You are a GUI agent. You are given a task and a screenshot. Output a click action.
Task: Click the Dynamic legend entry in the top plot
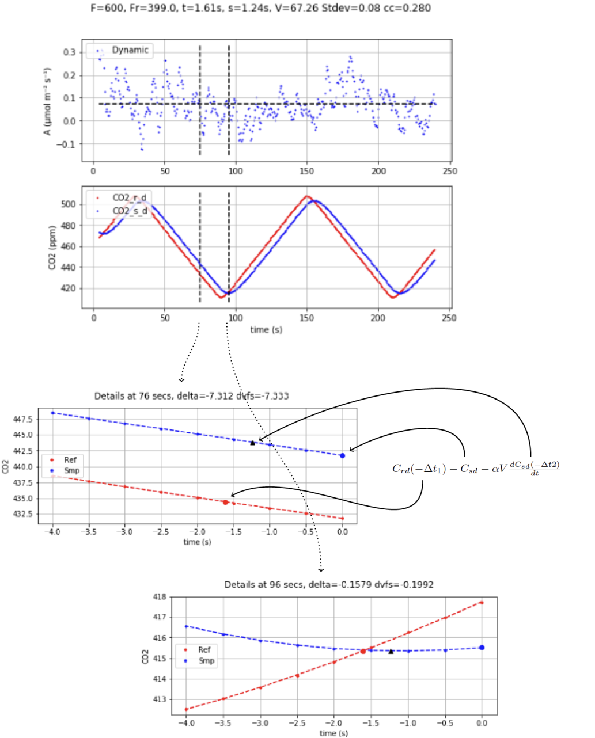(130, 50)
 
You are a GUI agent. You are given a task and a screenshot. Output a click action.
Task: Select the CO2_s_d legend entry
(129, 211)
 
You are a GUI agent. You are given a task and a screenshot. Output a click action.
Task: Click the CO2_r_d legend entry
(129, 198)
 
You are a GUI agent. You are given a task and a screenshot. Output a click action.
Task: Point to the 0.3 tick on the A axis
(69, 52)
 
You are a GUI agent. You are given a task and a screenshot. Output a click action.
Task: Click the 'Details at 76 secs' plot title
(191, 396)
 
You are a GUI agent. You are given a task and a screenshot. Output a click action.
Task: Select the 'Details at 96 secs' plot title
(329, 584)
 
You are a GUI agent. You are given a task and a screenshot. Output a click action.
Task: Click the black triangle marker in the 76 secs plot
(252, 443)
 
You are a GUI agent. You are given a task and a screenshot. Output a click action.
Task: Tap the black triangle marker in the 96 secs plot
(391, 651)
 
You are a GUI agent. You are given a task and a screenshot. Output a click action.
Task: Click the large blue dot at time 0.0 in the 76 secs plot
(343, 455)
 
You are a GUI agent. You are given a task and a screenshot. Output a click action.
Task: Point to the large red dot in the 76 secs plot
(226, 503)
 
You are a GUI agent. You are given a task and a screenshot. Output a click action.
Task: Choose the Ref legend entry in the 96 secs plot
(204, 650)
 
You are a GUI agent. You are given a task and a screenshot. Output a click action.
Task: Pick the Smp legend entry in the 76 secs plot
(71, 471)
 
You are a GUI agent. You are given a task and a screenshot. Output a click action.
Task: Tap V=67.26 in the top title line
(311, 8)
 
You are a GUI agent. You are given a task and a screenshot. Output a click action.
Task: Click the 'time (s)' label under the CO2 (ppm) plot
(266, 330)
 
